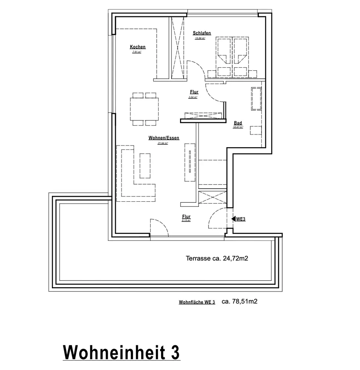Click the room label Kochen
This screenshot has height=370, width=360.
[x=137, y=47]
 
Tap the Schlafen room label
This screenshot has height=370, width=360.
[x=201, y=33]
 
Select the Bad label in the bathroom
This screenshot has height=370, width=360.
[x=238, y=123]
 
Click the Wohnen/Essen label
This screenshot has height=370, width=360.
[x=164, y=138]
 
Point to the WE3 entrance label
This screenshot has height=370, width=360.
[x=241, y=219]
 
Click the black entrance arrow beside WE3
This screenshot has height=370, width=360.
[x=233, y=219]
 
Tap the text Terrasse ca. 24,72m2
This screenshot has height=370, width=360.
[x=216, y=259]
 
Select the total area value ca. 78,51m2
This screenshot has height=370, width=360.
[x=239, y=302]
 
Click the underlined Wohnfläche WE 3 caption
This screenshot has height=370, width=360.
[x=197, y=303]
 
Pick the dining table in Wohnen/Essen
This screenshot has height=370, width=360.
[x=144, y=109]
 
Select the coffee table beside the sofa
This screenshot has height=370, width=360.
[x=145, y=166]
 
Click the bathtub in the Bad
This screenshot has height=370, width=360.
[x=256, y=99]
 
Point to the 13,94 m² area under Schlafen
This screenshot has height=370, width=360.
[x=200, y=38]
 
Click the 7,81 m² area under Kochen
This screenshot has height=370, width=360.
[x=137, y=52]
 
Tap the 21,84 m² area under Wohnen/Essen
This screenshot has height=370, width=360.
[x=163, y=143]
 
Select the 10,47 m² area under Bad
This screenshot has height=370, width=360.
[x=238, y=127]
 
